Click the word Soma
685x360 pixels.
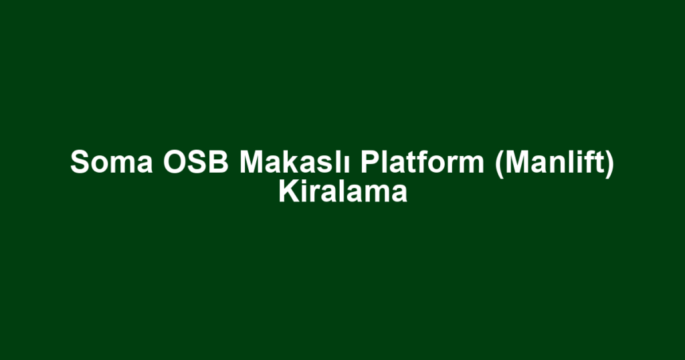coord(112,162)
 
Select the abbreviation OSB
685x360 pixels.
coord(196,162)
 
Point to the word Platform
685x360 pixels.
coord(422,162)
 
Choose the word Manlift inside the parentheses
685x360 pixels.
coord(554,162)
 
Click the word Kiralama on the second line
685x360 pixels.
coord(343,192)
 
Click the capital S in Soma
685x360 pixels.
coord(80,162)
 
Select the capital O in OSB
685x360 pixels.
coord(175,162)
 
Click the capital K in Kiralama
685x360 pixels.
coord(289,192)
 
